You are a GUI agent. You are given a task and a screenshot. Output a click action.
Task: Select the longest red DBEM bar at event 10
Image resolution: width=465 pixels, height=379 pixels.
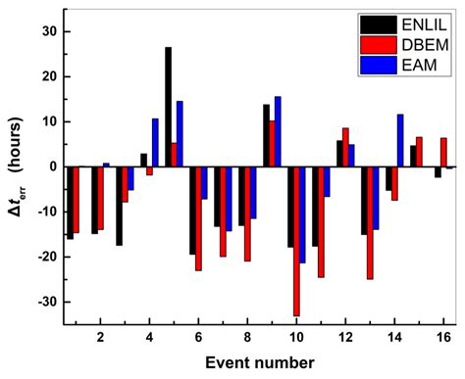tap(296, 241)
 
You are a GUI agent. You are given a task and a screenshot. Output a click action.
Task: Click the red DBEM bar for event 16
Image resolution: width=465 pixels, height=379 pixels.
tap(443, 152)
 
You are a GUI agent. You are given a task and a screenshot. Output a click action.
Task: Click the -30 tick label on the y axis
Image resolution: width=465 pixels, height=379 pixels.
tap(44, 302)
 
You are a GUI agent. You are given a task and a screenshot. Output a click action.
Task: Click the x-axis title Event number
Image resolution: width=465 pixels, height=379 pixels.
tap(259, 362)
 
